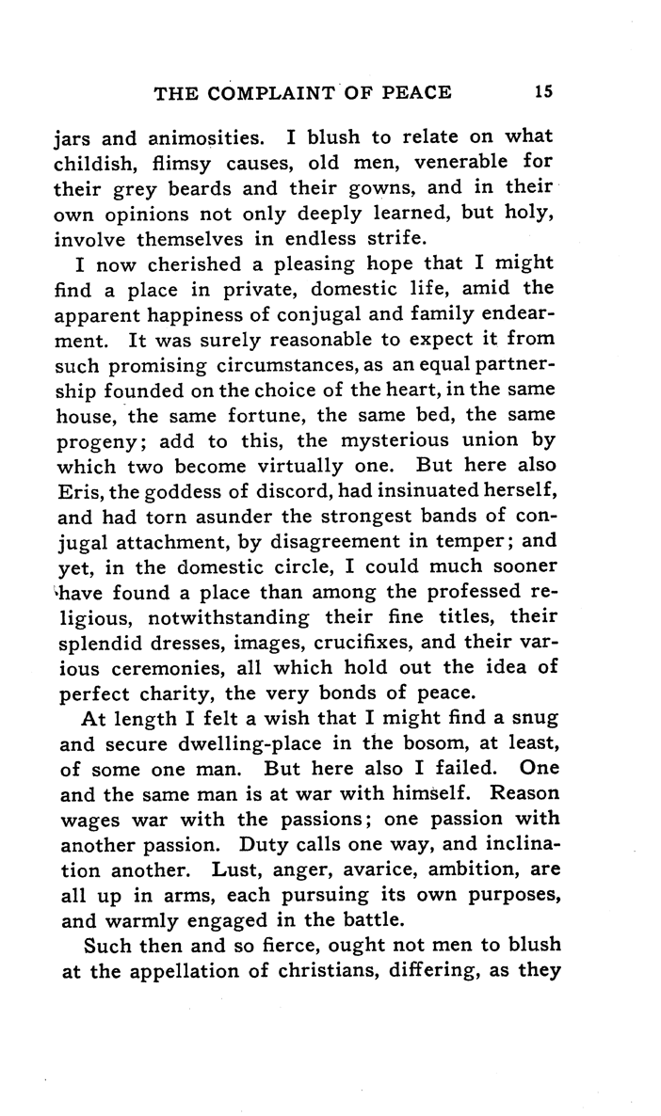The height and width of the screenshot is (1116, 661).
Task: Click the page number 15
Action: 541,92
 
